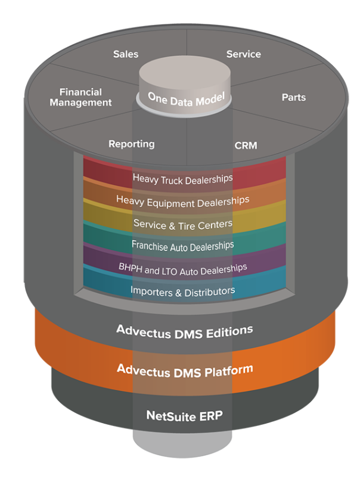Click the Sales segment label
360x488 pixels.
click(x=126, y=54)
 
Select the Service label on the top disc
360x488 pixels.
click(x=243, y=54)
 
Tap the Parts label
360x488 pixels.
click(x=294, y=97)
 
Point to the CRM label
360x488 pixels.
click(x=246, y=145)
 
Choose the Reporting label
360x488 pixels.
click(x=131, y=144)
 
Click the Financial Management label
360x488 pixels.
click(x=81, y=97)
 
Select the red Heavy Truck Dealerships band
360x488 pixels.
click(x=183, y=178)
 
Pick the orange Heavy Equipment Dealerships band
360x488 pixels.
click(x=183, y=200)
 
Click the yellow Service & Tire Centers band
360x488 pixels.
click(x=183, y=223)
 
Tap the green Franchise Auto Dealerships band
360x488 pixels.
click(x=183, y=245)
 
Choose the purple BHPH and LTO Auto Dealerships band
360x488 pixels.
click(x=183, y=268)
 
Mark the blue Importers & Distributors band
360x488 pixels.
click(x=183, y=291)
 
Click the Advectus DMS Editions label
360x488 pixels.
click(x=185, y=330)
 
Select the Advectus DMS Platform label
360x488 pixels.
click(x=185, y=369)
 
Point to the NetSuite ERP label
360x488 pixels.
click(x=185, y=415)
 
